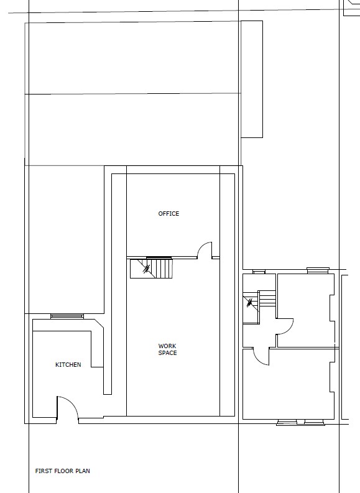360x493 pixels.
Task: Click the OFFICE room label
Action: (168, 213)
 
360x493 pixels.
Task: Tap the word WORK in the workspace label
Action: (167, 346)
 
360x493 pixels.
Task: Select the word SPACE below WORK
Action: (168, 352)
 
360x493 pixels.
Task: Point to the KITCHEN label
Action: (68, 365)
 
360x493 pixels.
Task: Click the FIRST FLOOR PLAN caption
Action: (63, 471)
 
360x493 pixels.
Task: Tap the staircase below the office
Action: (151, 268)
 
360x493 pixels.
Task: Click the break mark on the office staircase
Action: (147, 269)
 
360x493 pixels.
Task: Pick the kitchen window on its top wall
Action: (67, 316)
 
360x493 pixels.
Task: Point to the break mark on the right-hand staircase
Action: (250, 303)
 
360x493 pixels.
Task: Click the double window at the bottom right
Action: (300, 422)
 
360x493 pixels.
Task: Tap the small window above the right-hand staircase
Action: (259, 272)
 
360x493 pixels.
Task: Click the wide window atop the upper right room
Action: (318, 270)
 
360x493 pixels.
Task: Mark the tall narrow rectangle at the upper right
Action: (252, 79)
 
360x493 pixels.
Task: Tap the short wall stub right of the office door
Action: (216, 257)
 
